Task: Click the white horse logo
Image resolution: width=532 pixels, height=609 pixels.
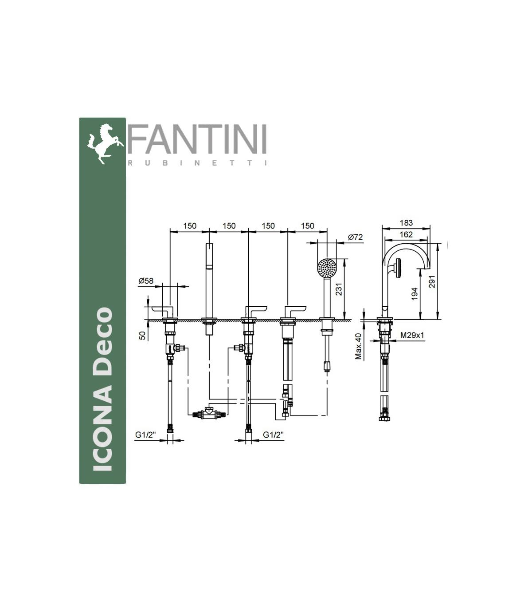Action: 105,144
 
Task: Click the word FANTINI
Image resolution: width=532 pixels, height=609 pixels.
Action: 197,139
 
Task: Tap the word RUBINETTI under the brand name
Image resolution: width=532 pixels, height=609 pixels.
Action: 197,163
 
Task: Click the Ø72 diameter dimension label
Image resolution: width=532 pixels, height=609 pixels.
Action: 355,237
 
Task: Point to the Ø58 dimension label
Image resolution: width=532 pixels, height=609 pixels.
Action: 146,281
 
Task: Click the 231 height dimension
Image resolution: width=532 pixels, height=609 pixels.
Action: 339,289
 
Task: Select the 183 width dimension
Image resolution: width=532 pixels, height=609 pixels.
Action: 406,223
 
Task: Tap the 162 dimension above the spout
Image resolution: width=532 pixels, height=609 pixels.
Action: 406,234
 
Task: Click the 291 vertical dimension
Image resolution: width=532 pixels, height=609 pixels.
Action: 432,281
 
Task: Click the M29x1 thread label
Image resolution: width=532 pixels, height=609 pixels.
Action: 412,335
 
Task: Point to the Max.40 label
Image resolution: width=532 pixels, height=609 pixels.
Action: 358,347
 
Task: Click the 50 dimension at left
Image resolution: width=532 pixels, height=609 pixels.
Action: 143,336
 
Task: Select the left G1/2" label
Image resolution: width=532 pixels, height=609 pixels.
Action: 145,435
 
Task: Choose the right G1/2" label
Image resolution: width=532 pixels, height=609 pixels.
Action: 274,435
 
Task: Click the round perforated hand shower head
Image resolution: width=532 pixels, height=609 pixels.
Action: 327,269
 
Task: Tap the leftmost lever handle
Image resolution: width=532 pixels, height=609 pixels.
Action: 163,312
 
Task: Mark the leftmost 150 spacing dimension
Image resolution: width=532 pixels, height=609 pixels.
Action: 190,226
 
